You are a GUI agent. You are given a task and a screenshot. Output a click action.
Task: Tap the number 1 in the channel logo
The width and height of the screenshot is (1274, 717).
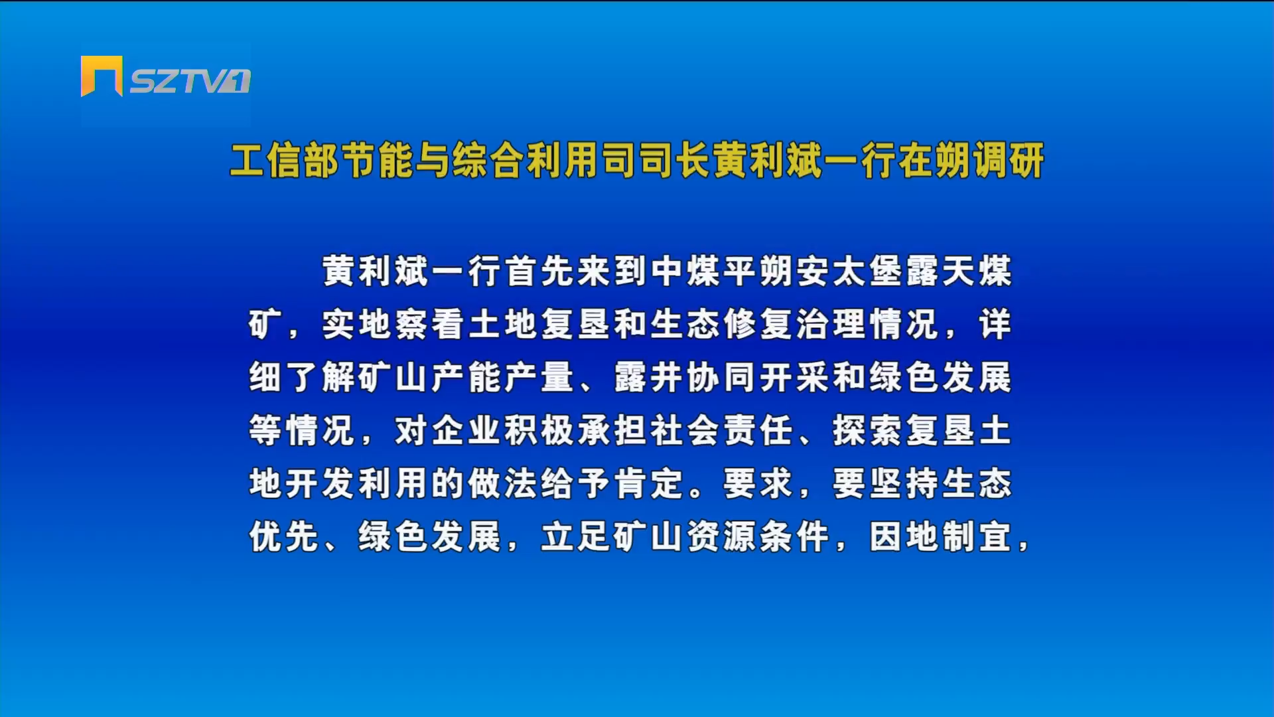(x=240, y=81)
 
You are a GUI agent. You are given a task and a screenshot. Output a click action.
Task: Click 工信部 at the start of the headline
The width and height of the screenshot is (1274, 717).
(x=285, y=161)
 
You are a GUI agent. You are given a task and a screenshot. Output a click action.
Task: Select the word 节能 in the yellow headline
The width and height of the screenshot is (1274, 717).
(x=378, y=161)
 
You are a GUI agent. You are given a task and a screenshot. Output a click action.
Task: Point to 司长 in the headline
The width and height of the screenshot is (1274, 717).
(x=675, y=161)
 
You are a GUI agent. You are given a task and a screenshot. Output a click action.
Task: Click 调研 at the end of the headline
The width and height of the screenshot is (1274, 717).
(x=1007, y=161)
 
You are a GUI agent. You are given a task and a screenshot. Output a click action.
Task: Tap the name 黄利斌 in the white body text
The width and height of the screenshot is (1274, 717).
(x=376, y=271)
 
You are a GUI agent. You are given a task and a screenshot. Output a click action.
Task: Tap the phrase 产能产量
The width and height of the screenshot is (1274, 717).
(x=504, y=377)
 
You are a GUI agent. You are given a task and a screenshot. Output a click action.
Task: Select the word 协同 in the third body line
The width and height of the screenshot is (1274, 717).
(x=723, y=377)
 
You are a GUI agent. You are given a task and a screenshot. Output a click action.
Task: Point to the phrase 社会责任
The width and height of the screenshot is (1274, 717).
(x=723, y=430)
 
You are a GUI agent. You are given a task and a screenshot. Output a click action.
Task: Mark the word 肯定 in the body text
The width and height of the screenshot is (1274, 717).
(x=650, y=483)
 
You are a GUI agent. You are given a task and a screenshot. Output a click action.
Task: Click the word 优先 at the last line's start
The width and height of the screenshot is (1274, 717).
(x=285, y=536)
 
